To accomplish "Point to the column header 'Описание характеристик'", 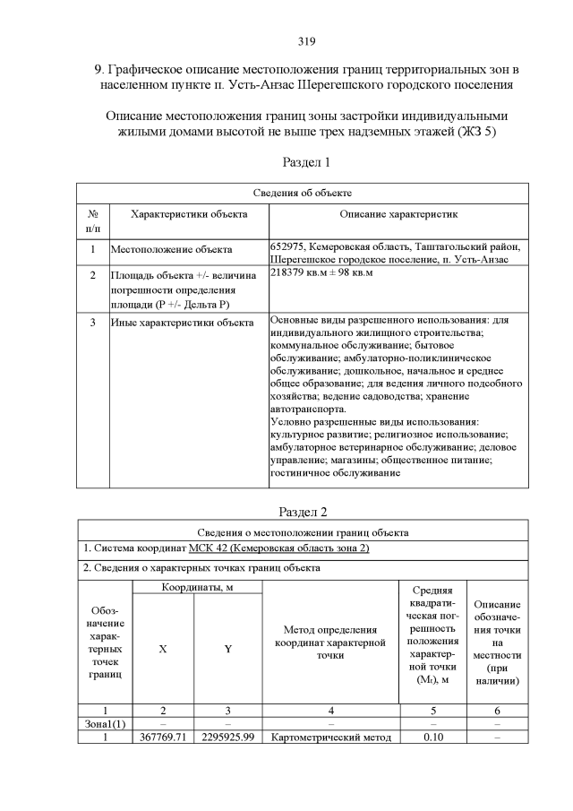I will click(398, 215).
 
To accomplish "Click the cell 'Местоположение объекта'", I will click(171, 249).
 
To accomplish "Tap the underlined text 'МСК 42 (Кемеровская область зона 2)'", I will click(279, 548).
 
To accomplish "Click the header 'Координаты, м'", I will click(197, 587).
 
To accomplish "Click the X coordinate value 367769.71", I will click(163, 738).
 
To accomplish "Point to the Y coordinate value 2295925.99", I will click(228, 738).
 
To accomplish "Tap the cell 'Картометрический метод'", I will click(331, 738).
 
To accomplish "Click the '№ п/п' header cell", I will click(93, 222).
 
